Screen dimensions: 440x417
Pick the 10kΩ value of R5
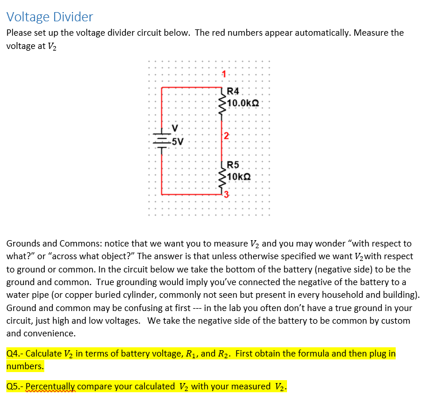pos(240,176)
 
